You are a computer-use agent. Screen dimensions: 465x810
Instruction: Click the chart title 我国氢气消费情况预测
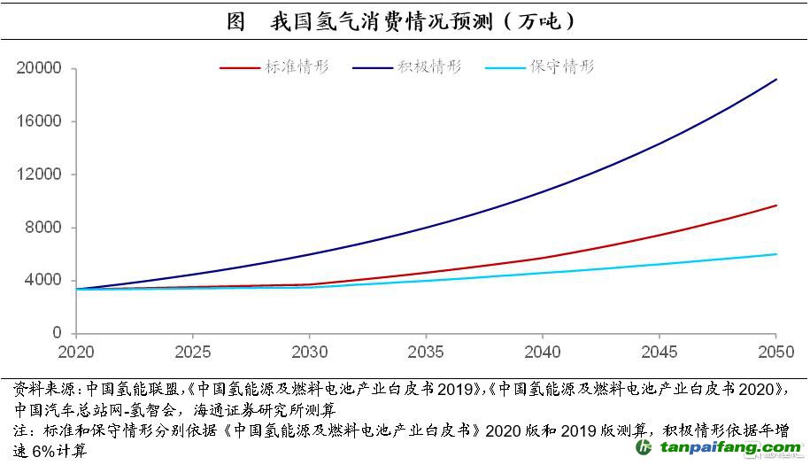[403, 22]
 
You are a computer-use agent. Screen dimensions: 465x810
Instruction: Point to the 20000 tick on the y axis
[39, 69]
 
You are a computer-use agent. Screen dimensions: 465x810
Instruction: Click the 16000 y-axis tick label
[39, 121]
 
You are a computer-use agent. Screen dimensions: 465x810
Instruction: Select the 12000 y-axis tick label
[39, 174]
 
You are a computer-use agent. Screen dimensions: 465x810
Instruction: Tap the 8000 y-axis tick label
[43, 228]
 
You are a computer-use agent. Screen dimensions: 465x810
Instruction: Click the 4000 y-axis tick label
[43, 281]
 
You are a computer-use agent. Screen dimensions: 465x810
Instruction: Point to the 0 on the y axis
[57, 333]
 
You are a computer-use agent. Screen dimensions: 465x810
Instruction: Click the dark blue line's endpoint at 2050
[776, 80]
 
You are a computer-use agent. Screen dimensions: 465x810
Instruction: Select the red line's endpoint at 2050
[776, 205]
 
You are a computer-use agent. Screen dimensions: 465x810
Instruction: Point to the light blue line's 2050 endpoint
[776, 254]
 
